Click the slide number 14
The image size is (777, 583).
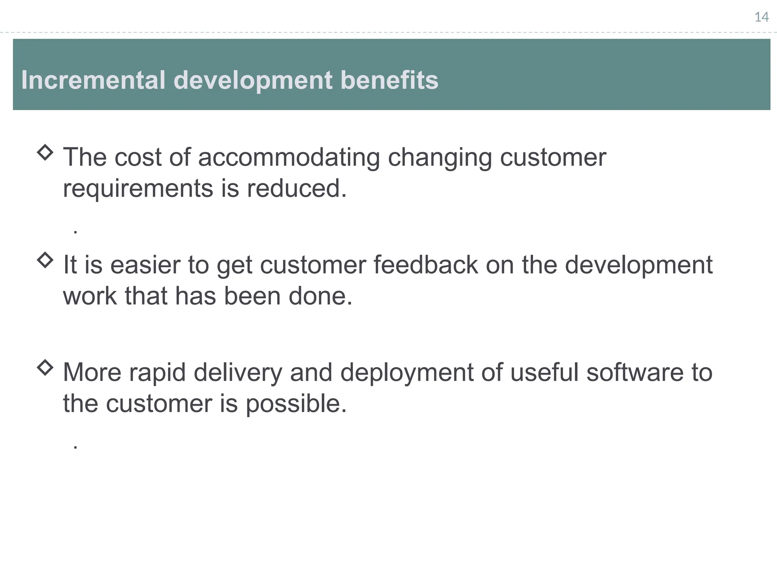point(761,17)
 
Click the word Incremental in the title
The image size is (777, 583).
point(93,80)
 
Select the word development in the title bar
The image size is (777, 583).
point(253,80)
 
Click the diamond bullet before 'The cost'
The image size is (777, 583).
point(45,153)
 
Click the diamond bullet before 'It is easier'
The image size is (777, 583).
point(45,260)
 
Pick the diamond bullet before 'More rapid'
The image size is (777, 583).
point(45,367)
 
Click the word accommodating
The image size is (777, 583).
point(289,157)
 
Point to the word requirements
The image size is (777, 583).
point(138,189)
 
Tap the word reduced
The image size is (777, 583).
point(297,189)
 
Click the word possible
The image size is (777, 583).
point(296,403)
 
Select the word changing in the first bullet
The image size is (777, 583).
point(440,157)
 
